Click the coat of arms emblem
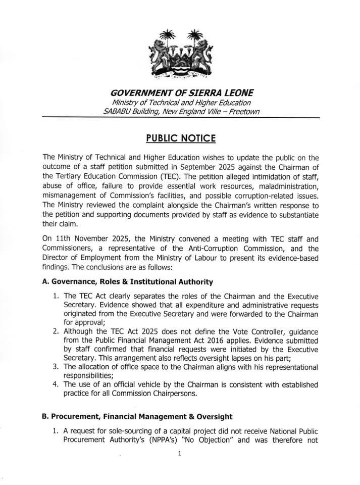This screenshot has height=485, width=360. (x=180, y=56)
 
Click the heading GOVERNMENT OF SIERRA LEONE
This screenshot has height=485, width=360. (x=179, y=93)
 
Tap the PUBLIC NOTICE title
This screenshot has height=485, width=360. (x=180, y=138)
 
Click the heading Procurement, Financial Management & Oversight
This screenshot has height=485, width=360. (x=137, y=417)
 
